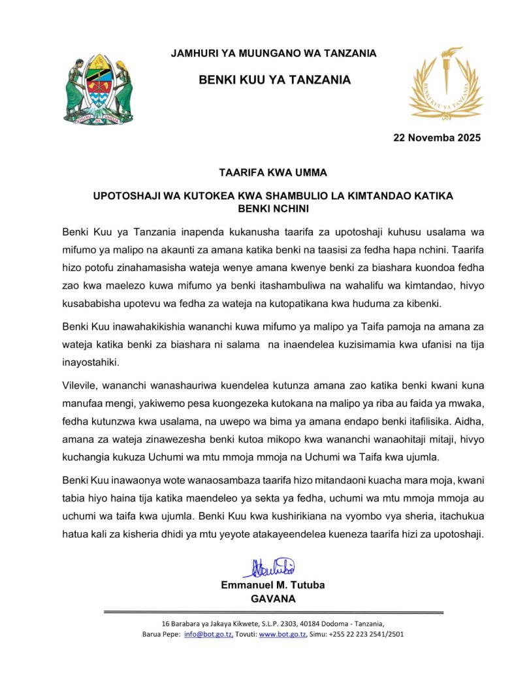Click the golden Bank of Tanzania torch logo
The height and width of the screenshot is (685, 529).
tap(445, 81)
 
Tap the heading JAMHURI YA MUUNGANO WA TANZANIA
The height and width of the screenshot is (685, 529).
tap(274, 54)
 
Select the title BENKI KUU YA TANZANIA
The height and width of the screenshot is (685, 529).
tap(274, 80)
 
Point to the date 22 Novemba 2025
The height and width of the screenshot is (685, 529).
tap(436, 138)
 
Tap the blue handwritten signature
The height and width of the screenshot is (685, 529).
tap(269, 567)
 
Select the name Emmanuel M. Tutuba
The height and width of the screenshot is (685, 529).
tap(272, 585)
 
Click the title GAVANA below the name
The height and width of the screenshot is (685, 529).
tap(273, 598)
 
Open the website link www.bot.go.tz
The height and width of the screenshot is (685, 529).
tap(280, 634)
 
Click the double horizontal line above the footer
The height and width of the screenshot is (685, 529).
tap(274, 612)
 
